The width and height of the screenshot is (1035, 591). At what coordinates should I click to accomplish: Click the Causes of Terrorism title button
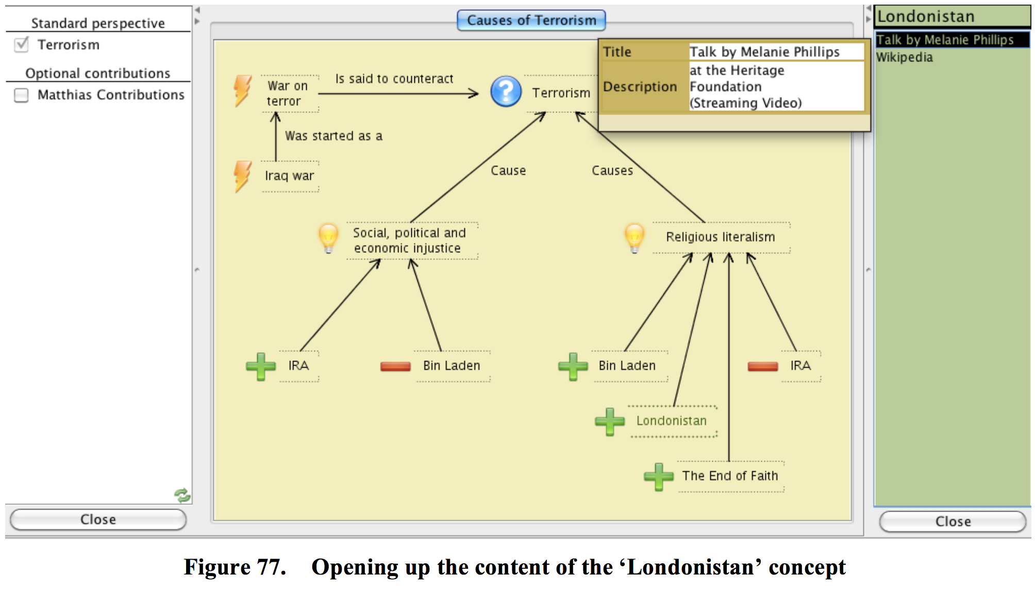(531, 21)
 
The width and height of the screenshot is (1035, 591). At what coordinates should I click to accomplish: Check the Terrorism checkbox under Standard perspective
(22, 45)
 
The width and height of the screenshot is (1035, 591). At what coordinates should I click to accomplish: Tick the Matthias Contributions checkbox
(22, 95)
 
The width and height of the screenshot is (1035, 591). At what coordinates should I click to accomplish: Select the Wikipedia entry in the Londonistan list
(905, 57)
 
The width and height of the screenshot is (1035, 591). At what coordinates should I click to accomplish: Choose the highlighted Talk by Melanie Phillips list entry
(945, 40)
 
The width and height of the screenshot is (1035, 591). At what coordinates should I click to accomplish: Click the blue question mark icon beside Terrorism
(506, 91)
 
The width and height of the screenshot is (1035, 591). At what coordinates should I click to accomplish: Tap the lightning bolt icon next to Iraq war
(243, 176)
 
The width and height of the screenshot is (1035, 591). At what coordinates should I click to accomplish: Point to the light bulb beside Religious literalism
(635, 237)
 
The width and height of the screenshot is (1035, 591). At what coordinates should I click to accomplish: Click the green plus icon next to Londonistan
(609, 421)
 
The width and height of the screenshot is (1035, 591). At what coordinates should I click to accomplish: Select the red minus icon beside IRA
(762, 366)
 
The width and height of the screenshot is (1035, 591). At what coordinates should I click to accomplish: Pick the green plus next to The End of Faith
(658, 477)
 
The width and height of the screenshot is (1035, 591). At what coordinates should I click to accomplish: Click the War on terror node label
(288, 93)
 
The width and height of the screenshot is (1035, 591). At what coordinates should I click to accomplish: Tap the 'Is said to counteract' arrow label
(394, 79)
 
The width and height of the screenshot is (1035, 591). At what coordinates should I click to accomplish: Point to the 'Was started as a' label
(333, 136)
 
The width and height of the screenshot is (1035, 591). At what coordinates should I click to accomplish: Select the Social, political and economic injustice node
(409, 240)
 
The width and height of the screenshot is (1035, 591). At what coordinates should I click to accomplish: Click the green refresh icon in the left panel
(182, 496)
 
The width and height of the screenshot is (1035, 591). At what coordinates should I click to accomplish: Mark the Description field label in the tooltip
(640, 87)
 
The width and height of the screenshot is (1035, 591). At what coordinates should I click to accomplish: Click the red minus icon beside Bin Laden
(395, 366)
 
